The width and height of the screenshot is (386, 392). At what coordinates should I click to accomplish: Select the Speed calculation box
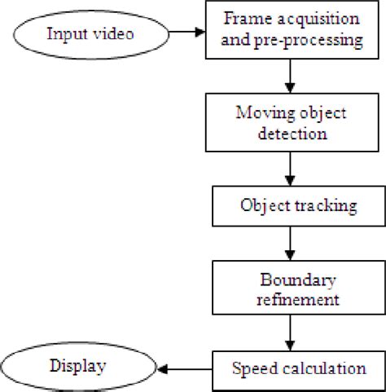click(298, 368)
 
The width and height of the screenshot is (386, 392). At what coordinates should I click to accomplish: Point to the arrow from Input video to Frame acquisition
click(187, 33)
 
